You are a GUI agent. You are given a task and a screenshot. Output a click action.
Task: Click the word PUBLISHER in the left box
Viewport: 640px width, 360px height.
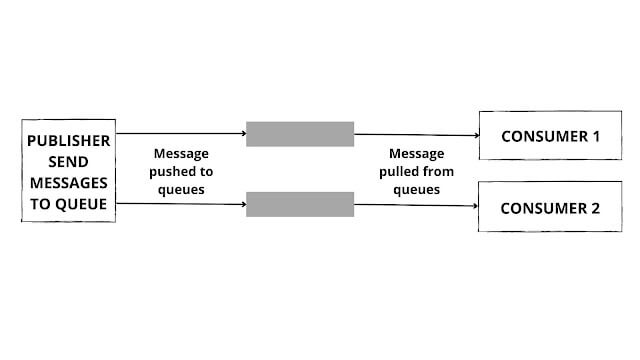click(x=68, y=141)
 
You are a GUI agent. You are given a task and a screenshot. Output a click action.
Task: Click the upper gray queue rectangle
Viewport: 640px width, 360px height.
click(x=300, y=134)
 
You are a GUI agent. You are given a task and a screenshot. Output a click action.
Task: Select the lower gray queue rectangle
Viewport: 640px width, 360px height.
click(x=300, y=204)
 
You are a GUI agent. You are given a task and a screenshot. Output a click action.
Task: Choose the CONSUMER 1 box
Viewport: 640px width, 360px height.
click(x=543, y=136)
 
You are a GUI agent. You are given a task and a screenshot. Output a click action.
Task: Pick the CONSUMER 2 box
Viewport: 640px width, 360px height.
click(x=543, y=208)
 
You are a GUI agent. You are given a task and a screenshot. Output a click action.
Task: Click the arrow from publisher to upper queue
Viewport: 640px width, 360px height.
click(x=180, y=132)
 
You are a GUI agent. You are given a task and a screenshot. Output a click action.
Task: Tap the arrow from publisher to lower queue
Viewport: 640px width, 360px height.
click(x=180, y=203)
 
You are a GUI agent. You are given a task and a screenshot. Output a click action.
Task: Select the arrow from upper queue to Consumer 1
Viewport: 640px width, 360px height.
click(x=415, y=135)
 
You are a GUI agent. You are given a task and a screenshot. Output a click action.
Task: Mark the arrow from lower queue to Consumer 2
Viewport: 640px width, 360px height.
click(x=415, y=206)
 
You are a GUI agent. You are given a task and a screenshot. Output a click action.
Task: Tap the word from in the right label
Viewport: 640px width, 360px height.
click(x=438, y=172)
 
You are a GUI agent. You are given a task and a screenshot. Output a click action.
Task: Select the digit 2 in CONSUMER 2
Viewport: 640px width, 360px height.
click(x=595, y=208)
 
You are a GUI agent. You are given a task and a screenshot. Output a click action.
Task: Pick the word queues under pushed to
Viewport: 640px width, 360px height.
click(x=181, y=189)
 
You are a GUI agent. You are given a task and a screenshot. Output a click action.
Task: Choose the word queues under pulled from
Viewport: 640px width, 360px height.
click(x=417, y=189)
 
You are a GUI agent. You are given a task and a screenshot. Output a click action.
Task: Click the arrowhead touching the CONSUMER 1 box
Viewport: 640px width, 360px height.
click(x=473, y=136)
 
